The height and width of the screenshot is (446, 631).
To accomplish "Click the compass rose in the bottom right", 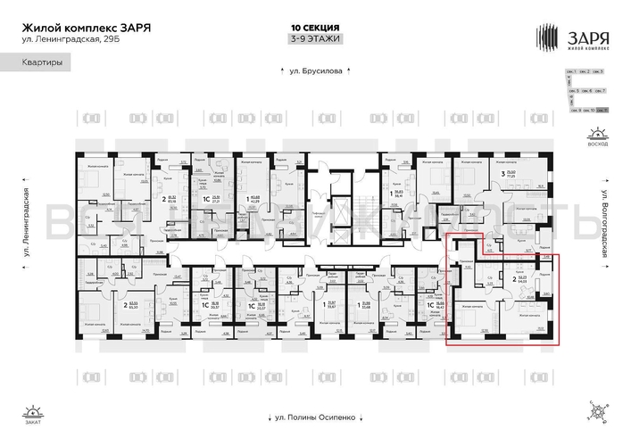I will pos(595,411).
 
